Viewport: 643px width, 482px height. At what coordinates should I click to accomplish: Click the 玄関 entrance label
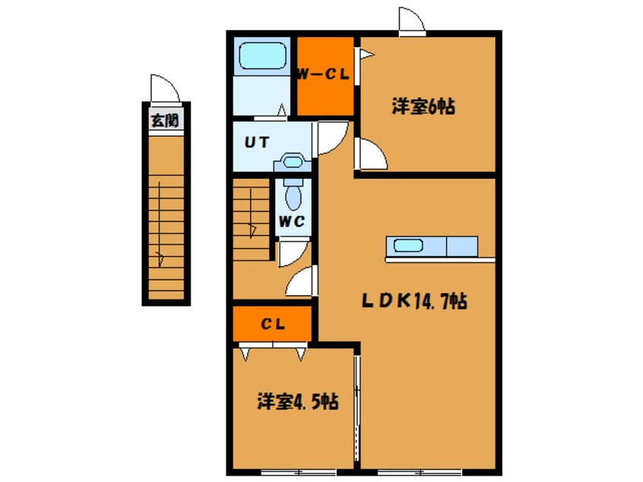click(164, 121)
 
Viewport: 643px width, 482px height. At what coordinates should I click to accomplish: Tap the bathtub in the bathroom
click(262, 55)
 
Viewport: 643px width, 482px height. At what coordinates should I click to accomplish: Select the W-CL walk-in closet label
click(323, 75)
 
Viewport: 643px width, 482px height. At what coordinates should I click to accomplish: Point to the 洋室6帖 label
click(423, 107)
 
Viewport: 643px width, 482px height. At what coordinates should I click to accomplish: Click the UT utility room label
click(254, 141)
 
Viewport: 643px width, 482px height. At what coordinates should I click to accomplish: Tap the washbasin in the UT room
click(293, 161)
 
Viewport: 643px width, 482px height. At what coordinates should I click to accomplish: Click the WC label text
click(292, 222)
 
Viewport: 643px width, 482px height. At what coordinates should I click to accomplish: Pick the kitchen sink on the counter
click(407, 246)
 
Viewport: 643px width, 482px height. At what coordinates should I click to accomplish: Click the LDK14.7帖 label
click(413, 301)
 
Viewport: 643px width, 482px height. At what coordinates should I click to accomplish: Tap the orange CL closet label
click(273, 324)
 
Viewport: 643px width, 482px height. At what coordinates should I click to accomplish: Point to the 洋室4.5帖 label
click(296, 401)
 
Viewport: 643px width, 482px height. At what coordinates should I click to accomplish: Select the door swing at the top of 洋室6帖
click(409, 21)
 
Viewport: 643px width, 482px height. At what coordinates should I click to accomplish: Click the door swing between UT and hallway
click(331, 138)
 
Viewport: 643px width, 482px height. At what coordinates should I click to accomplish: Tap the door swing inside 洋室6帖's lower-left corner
click(372, 155)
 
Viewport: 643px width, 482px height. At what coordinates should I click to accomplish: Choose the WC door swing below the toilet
click(291, 254)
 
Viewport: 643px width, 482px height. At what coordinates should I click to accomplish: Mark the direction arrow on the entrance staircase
click(161, 258)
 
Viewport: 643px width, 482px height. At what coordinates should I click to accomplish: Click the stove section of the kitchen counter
click(461, 246)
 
